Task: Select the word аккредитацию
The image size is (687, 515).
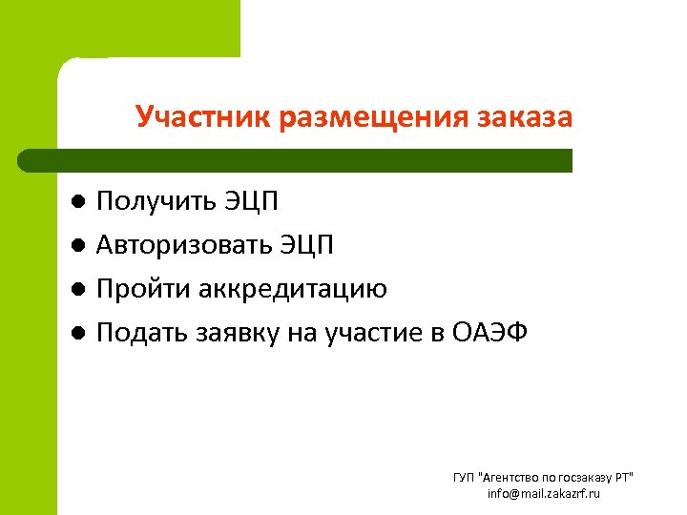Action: coord(294,289)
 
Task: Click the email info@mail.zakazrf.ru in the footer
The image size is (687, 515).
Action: coord(543,493)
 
